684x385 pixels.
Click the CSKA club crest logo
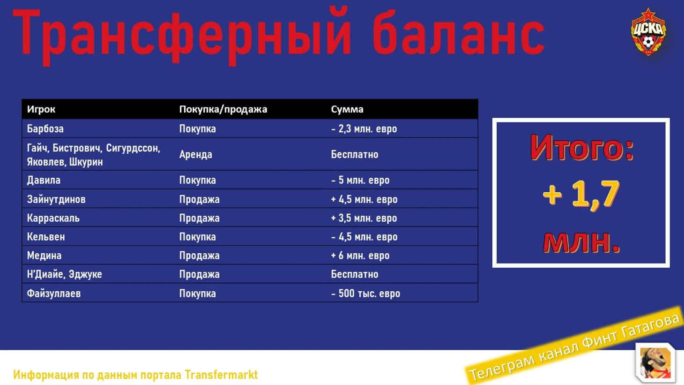(648, 32)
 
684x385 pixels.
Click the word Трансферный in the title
(182, 36)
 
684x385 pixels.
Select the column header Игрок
(41, 109)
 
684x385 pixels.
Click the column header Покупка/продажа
(223, 109)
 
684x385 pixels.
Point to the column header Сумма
(347, 109)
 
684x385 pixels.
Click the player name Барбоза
(45, 128)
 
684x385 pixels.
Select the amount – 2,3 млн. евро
(364, 129)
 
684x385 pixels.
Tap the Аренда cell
(195, 154)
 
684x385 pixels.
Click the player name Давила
(44, 180)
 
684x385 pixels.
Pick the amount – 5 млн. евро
(360, 180)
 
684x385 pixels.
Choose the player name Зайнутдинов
(56, 199)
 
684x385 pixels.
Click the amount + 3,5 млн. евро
(364, 218)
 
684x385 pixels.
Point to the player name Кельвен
(46, 237)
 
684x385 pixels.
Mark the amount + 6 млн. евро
(360, 256)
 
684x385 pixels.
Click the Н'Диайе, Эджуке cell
(65, 274)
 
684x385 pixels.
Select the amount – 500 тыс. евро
(365, 294)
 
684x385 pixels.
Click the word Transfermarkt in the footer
(221, 375)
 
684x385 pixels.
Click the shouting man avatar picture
(655, 362)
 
